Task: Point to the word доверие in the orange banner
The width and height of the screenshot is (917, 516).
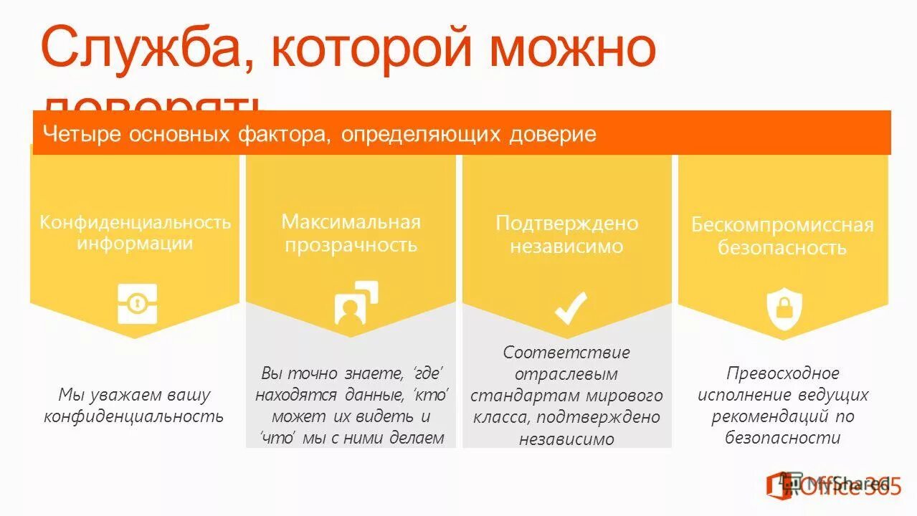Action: coord(553,134)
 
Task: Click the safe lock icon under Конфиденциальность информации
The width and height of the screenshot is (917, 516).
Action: coord(137,303)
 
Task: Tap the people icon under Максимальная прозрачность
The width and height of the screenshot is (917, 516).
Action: coord(356,303)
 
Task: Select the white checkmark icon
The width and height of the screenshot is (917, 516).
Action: coord(571,306)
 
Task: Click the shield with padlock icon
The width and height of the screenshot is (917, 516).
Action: coord(784,308)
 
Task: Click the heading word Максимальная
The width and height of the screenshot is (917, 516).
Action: coord(351,221)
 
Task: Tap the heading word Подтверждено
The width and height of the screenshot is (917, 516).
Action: coord(566,224)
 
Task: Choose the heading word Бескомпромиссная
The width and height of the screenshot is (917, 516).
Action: coord(782,225)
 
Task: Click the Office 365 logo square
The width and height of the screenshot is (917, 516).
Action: coord(781,485)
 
